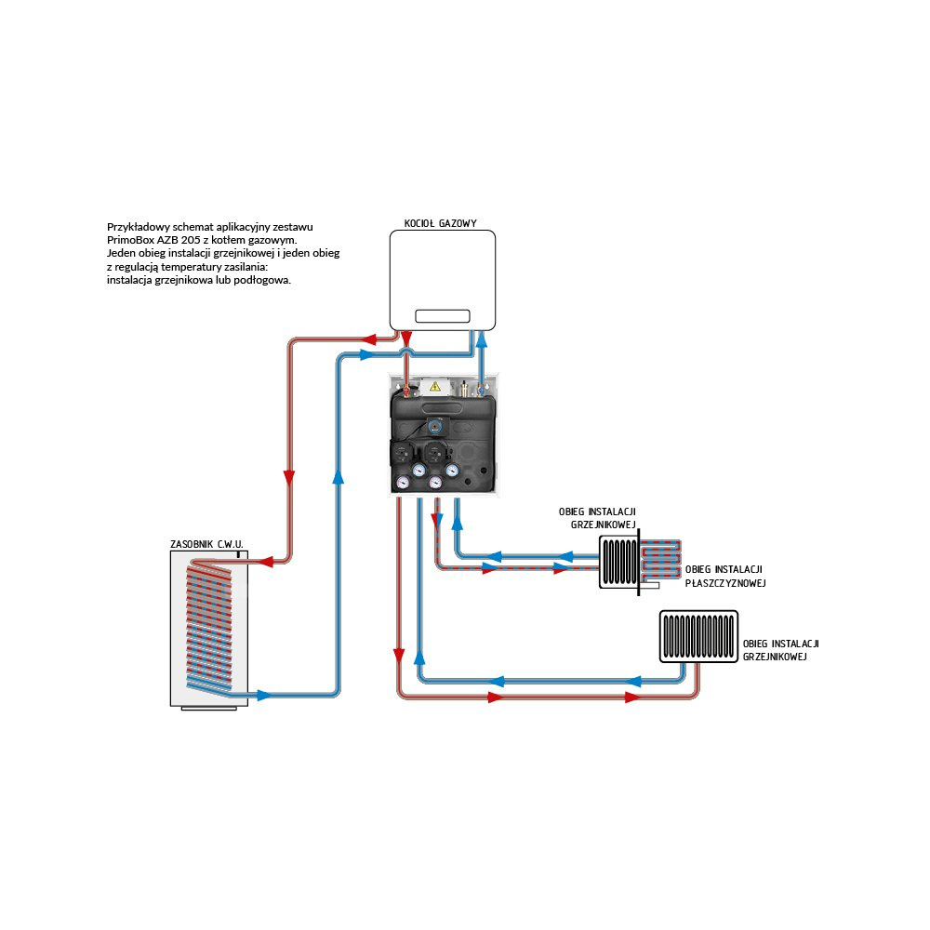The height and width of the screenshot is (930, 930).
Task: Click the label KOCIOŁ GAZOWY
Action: point(440,223)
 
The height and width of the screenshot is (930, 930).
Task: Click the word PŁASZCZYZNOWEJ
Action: point(724,583)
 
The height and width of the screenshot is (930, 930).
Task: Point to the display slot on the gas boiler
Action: point(442,316)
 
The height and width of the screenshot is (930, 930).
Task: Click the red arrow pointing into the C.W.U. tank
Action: point(263,561)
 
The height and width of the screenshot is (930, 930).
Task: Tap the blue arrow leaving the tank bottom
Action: point(264,695)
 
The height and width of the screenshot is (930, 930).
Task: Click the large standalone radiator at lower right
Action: point(698,636)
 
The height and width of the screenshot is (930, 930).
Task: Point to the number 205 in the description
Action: point(192,240)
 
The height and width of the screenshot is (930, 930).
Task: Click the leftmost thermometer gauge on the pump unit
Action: point(402,482)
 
